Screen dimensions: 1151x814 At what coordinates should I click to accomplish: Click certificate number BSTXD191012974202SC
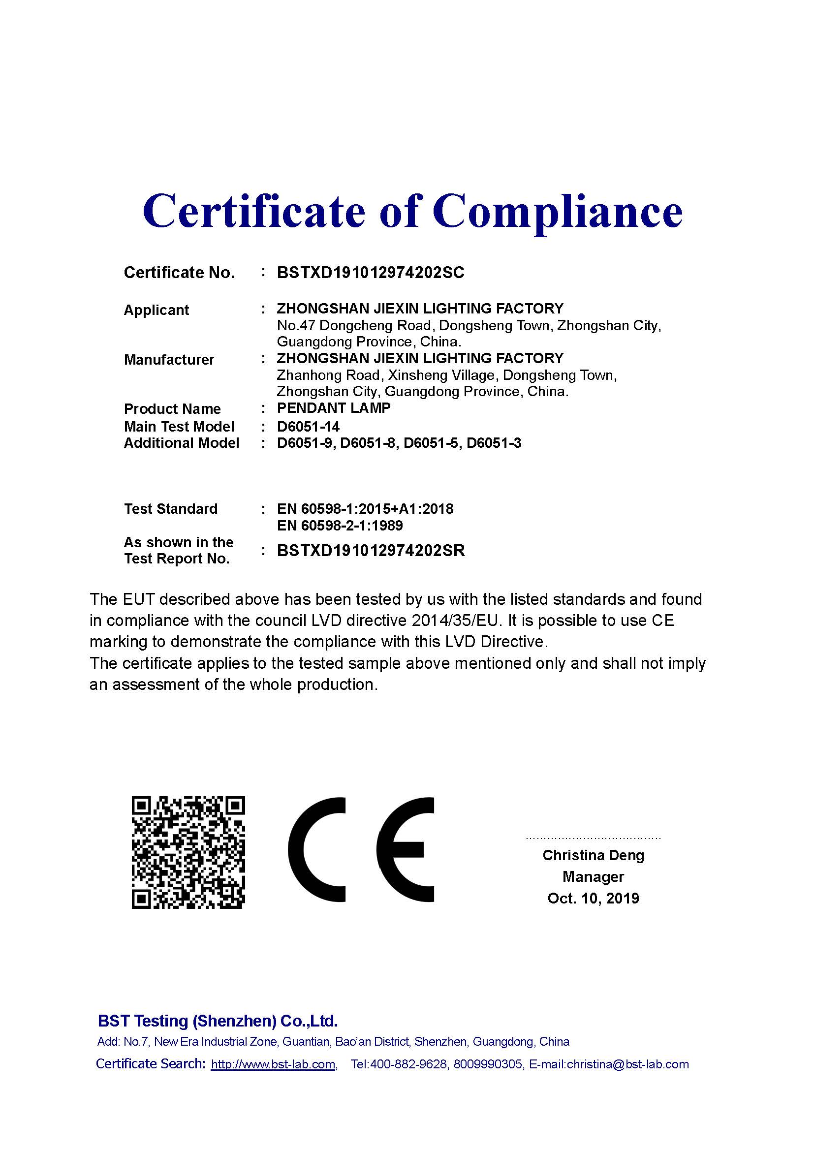pos(371,273)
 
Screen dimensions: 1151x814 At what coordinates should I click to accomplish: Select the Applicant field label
pos(156,310)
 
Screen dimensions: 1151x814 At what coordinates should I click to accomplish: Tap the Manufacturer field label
pos(169,359)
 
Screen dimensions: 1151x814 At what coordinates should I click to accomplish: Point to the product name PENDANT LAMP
pos(333,408)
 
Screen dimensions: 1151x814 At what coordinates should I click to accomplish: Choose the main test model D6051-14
pos(308,427)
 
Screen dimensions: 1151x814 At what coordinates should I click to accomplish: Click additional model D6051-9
pos(305,443)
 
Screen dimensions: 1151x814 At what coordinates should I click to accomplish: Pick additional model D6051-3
pos(494,443)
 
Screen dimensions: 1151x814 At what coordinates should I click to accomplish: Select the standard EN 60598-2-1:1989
pos(340,526)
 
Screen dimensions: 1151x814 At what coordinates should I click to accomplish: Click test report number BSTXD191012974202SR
pos(371,551)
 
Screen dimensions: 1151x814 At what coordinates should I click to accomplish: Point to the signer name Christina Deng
pos(593,855)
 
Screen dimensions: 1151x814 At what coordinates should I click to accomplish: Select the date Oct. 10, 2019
pos(593,898)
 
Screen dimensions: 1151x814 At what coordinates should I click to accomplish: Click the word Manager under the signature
pos(593,877)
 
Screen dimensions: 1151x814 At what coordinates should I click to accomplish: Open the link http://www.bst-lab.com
pos(273,1064)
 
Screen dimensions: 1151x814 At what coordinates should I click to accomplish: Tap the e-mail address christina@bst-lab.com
pos(627,1064)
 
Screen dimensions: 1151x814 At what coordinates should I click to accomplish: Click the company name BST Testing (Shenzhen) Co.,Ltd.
pos(218,1021)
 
